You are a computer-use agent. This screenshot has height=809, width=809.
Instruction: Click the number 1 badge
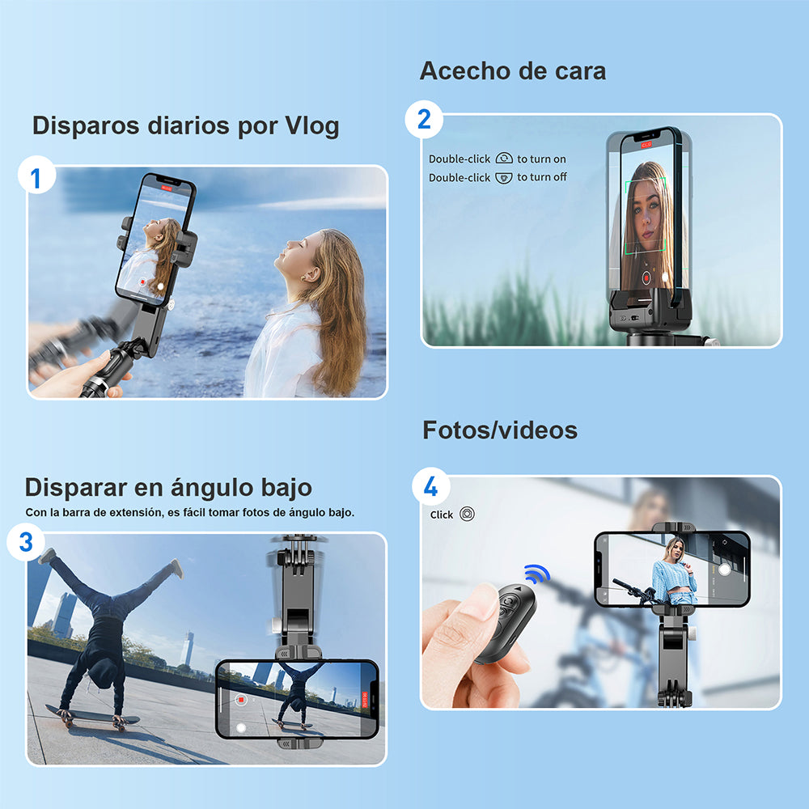36,177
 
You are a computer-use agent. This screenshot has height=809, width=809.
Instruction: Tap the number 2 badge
424,121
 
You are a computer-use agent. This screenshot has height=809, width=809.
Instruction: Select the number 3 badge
26,541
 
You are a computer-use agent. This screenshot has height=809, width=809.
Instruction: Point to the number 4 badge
431,487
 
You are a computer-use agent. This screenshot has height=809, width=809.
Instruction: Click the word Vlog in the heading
311,126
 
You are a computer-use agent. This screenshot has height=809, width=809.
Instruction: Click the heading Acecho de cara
512,71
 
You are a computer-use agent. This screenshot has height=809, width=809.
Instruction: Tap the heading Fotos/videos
499,430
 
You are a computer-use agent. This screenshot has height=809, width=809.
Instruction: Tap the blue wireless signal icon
536,574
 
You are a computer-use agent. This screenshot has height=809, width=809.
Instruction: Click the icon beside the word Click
467,514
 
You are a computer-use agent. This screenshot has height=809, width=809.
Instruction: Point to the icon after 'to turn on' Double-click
504,159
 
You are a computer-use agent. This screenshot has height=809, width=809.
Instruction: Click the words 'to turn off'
542,177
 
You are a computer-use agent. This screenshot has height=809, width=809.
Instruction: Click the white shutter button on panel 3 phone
241,727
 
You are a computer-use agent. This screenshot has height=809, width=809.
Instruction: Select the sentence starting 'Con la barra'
189,512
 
